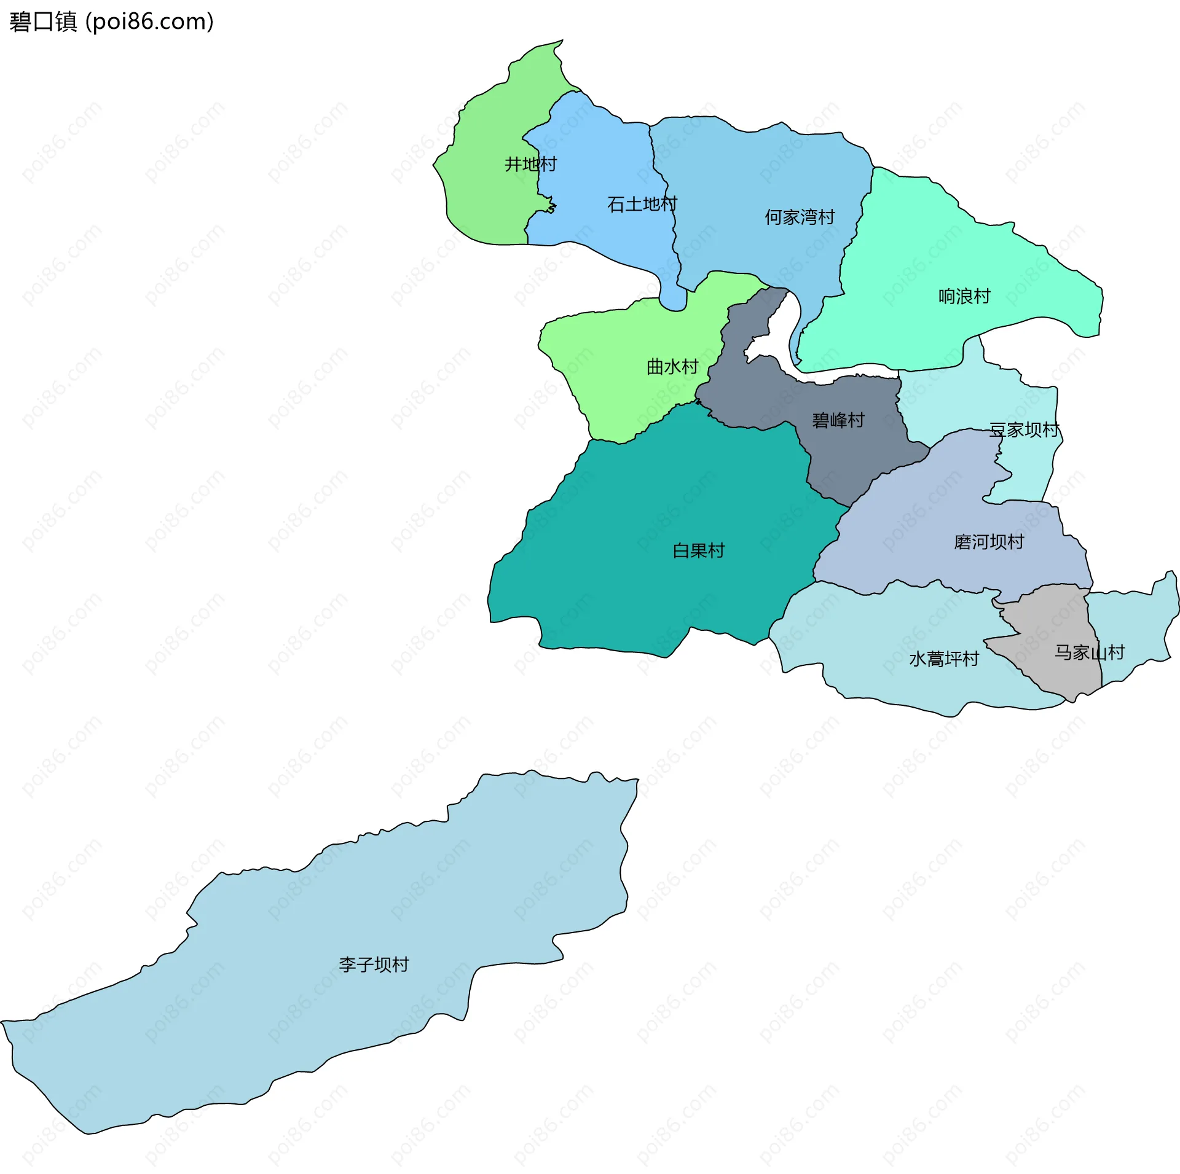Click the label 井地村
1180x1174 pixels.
[530, 165]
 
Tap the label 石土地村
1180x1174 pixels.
[642, 205]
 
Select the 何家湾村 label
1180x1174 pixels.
[800, 217]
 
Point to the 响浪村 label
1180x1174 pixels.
[964, 297]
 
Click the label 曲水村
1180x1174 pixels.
[672, 367]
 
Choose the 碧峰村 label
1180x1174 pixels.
[838, 421]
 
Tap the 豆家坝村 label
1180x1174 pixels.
[1024, 430]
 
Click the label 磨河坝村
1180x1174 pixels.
[988, 542]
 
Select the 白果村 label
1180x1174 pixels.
[698, 551]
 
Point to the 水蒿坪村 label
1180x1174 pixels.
[943, 660]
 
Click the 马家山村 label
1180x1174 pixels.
[1089, 653]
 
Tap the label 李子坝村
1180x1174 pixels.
[373, 965]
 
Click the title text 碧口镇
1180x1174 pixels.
[43, 22]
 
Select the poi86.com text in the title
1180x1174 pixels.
[149, 22]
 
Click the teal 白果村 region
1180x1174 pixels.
[645, 584]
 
